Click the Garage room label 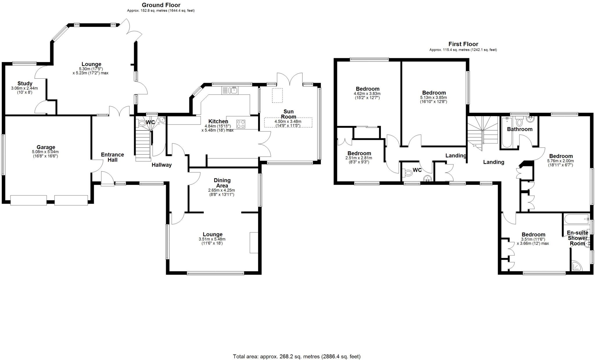(46, 147)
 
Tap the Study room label (25, 84)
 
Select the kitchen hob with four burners (241, 124)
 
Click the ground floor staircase (143, 145)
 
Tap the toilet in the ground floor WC (142, 123)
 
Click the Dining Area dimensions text (221, 192)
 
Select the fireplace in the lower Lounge (254, 242)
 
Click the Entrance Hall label (112, 157)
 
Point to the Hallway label (162, 165)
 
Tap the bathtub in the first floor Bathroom (506, 134)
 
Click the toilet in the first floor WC (408, 173)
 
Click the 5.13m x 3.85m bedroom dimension (434, 100)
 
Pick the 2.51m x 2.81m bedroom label (359, 153)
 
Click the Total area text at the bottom (297, 356)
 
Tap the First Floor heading (463, 44)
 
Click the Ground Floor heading (161, 5)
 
